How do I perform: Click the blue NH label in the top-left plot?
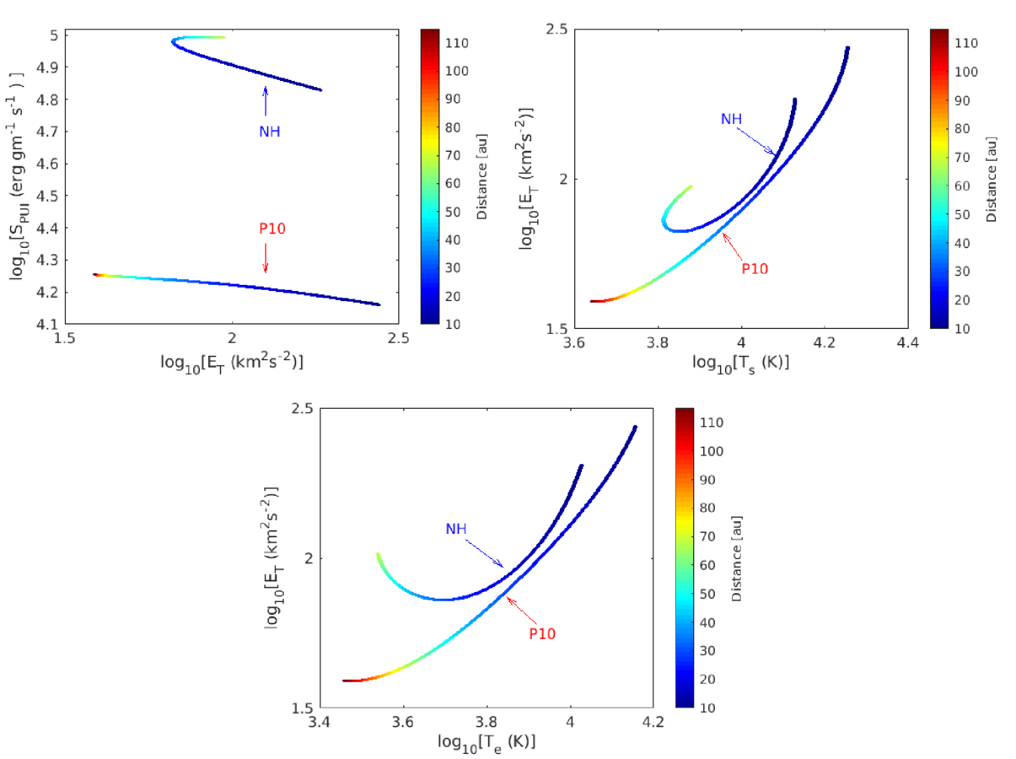click(269, 132)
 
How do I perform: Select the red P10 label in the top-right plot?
click(755, 269)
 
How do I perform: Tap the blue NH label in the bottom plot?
click(456, 529)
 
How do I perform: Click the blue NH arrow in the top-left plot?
click(266, 101)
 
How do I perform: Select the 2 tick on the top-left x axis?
click(232, 339)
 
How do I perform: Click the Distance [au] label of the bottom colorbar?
click(736, 557)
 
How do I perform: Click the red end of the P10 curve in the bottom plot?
click(345, 680)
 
